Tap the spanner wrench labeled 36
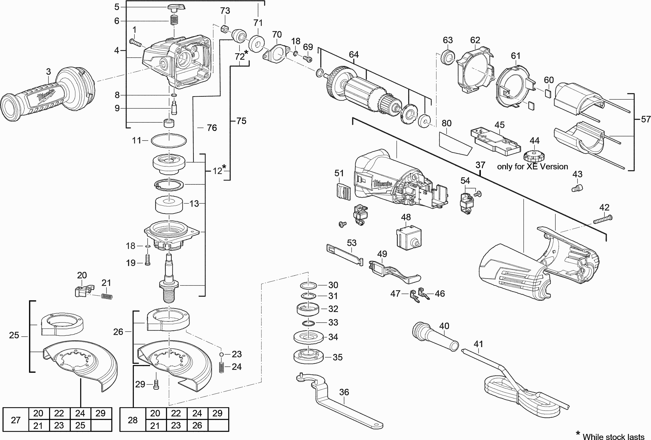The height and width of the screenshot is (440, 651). tap(336, 404)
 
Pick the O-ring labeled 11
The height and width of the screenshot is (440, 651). tap(169, 140)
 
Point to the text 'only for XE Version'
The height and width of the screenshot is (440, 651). tap(532, 166)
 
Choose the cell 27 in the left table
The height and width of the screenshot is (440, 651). tap(16, 420)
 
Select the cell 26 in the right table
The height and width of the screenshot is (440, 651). tap(197, 425)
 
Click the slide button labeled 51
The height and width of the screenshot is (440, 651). tap(343, 191)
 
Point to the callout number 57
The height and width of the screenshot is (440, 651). tap(645, 119)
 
